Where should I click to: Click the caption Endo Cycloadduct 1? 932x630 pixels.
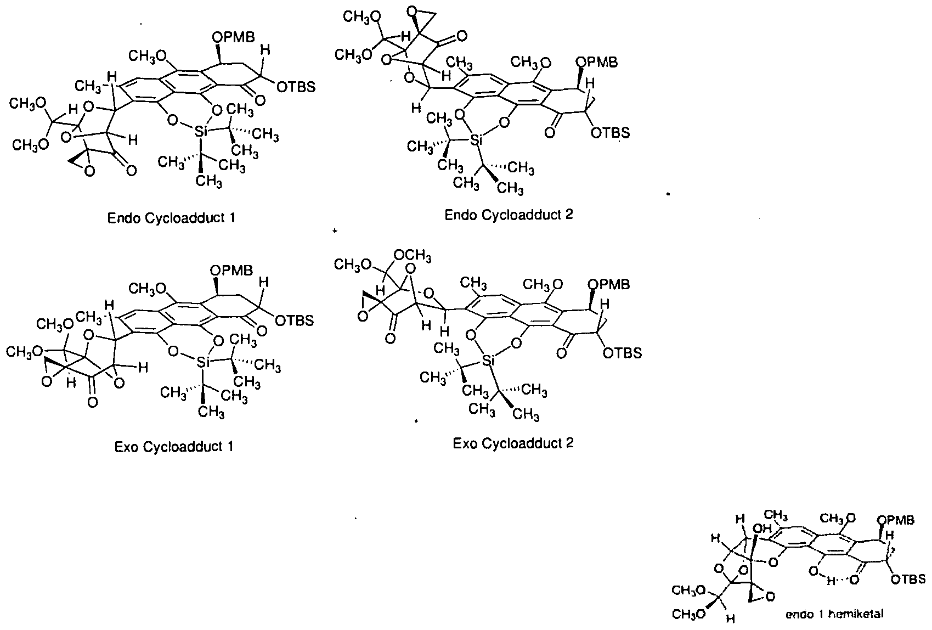point(171,218)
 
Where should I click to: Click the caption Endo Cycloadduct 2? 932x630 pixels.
point(509,215)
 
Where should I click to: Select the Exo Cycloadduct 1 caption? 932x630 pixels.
point(174,447)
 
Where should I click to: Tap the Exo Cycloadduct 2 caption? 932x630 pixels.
point(513,443)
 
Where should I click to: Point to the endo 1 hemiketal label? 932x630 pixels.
point(834,614)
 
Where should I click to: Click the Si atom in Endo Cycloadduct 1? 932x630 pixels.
point(201,132)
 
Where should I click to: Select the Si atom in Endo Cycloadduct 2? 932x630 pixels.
point(476,140)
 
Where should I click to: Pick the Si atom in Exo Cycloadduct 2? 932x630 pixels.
point(488,361)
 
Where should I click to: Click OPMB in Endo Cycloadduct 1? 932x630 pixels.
point(233,37)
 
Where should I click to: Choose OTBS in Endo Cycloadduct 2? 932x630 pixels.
point(611,133)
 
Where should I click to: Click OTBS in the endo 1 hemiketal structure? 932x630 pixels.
point(908,579)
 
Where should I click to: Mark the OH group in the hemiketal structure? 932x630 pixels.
point(762,528)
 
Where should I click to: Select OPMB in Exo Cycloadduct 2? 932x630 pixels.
point(609,285)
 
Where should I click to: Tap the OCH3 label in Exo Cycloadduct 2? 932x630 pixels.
point(413,256)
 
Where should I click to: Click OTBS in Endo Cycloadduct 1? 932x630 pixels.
point(296,87)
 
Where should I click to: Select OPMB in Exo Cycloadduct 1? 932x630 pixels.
point(231,271)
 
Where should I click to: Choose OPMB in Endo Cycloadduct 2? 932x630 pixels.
point(597,63)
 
